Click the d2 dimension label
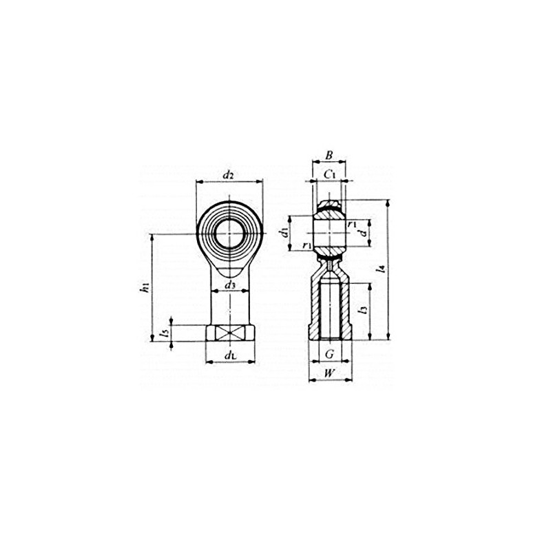(x=229, y=175)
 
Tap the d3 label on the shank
(x=229, y=285)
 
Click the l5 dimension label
(x=163, y=333)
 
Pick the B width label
(x=329, y=156)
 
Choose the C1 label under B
(x=330, y=175)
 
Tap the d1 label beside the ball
(x=284, y=232)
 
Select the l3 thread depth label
(x=363, y=311)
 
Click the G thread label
(x=329, y=354)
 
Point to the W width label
(x=329, y=374)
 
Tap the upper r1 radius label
(x=351, y=224)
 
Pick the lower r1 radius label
(x=306, y=245)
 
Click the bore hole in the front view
(x=229, y=235)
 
